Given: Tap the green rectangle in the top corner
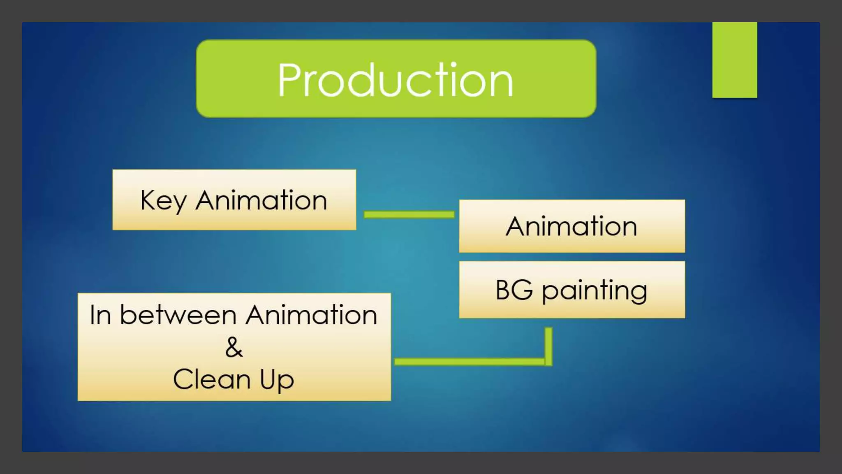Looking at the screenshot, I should coord(734,60).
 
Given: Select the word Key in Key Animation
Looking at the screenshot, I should coord(164,201).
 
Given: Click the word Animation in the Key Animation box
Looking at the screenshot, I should coord(261,200).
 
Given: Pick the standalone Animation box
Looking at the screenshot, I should coord(571,226).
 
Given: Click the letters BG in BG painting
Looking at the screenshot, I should coord(514,290).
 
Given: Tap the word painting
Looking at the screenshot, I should coord(594,291).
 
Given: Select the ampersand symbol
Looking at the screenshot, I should coord(234,347).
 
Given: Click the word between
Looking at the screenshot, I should coord(178,315).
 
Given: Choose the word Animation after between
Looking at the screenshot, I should coord(311,315).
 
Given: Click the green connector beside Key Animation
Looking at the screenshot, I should coord(409,214).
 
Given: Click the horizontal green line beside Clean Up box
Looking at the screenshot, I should coord(469,362).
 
